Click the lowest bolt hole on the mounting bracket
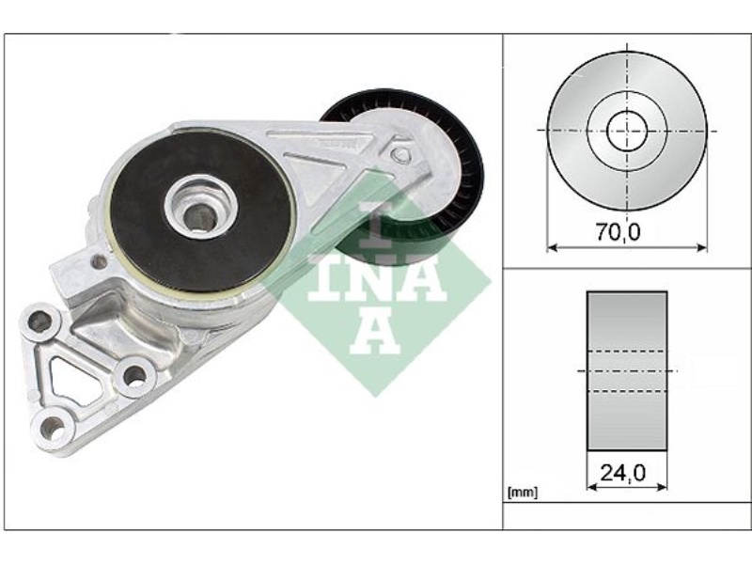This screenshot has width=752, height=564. [x=53, y=431]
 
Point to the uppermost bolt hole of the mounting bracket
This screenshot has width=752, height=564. [x=39, y=322]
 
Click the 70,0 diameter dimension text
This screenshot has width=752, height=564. [x=619, y=230]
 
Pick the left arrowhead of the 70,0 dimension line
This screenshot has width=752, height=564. [x=552, y=248]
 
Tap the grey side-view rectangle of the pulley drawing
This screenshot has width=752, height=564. [x=627, y=370]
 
